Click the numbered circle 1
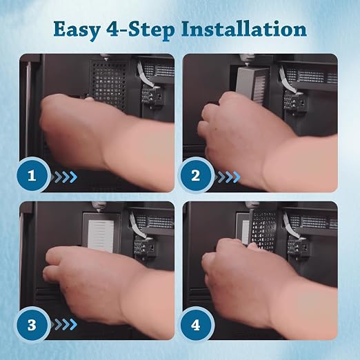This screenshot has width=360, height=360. [x=32, y=176]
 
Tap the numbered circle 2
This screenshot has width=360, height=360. [x=196, y=176]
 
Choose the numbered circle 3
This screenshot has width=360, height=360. [x=32, y=325]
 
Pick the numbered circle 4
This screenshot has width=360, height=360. [x=196, y=325]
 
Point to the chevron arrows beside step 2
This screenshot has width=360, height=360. [x=228, y=177]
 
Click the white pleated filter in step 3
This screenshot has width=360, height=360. [x=101, y=235]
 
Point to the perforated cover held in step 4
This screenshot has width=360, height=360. [x=263, y=230]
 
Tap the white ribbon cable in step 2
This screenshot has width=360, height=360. [x=288, y=79]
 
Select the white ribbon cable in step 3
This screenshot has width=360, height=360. [x=137, y=226]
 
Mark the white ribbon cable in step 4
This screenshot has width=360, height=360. [x=290, y=226]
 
